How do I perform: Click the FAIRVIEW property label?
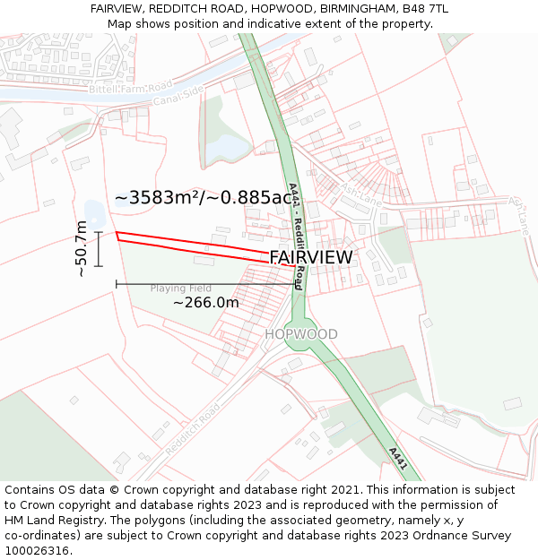pyautogui.click(x=310, y=258)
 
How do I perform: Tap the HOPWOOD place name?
pyautogui.click(x=301, y=334)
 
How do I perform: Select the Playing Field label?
pyautogui.click(x=180, y=289)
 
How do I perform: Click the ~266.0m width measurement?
pyautogui.click(x=206, y=303)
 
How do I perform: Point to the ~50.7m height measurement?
pyautogui.click(x=82, y=249)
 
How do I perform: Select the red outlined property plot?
pyautogui.click(x=197, y=247)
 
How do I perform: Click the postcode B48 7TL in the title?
pyautogui.click(x=428, y=9)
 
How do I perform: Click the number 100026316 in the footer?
pyautogui.click(x=38, y=551)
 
